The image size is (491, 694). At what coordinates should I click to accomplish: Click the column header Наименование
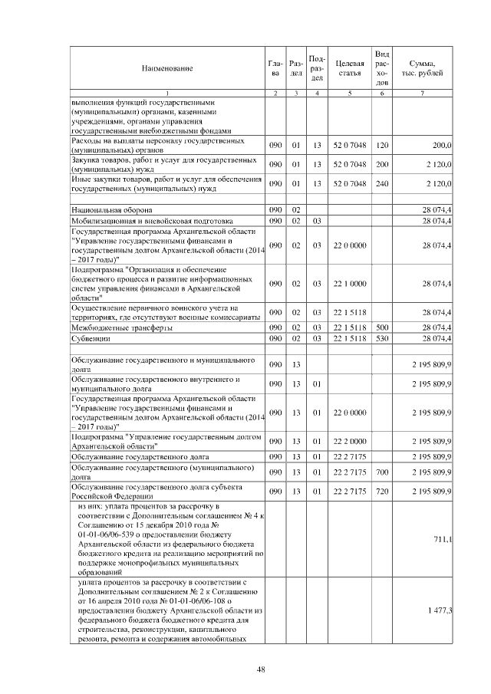166,68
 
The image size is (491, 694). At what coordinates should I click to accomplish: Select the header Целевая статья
348,68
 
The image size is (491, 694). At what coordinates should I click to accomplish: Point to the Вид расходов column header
382,67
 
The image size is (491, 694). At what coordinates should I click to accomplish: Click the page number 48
261,669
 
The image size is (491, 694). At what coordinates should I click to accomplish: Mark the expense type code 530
382,338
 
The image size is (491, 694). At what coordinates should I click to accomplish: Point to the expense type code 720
382,490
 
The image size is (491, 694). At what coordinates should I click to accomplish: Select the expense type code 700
382,471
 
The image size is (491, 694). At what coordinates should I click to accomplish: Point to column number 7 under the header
423,94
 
